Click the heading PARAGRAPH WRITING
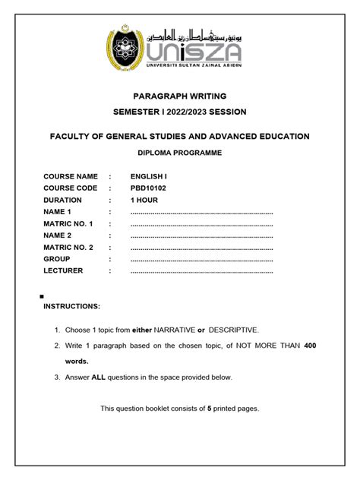tap(180, 96)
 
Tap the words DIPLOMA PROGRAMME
tap(180, 153)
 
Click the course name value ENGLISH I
tap(150, 176)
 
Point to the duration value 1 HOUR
tap(144, 200)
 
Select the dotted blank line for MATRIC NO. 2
tap(201, 248)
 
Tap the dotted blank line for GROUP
tap(201, 259)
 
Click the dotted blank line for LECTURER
tap(201, 271)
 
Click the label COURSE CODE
tap(71, 188)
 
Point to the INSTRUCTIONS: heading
tap(71, 306)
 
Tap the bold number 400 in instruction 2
tap(310, 346)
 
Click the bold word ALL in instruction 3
tap(98, 377)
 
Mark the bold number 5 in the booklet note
tap(209, 409)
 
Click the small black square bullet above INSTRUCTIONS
tap(40, 295)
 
